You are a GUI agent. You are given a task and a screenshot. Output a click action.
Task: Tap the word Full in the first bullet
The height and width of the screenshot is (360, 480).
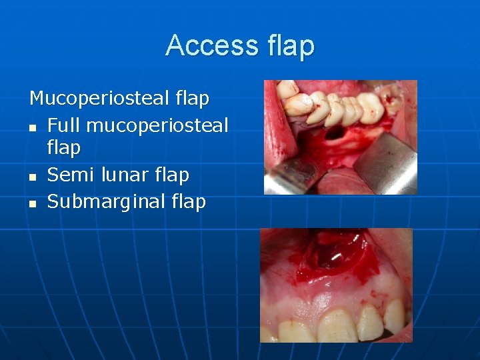pyautogui.click(x=64, y=125)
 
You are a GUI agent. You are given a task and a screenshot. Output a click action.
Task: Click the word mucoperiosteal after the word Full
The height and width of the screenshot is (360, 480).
pyautogui.click(x=157, y=125)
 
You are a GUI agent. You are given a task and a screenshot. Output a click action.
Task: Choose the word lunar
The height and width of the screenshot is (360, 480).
pyautogui.click(x=123, y=175)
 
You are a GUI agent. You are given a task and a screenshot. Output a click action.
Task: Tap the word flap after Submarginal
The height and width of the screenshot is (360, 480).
pyautogui.click(x=189, y=201)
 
